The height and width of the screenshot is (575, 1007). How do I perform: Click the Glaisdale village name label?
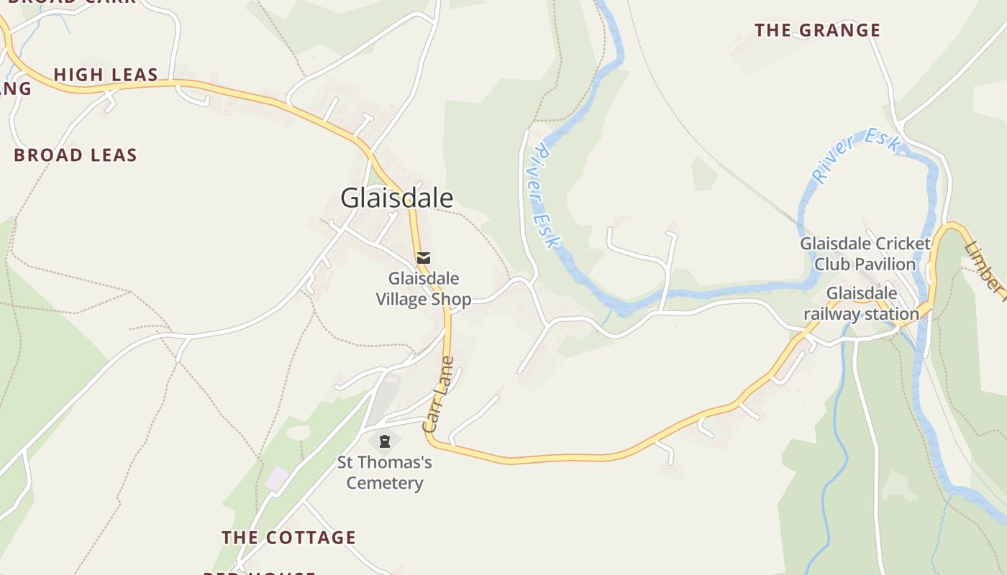(397, 198)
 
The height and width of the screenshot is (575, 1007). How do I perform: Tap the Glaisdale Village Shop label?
(424, 289)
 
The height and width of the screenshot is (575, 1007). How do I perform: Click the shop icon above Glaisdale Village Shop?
(424, 257)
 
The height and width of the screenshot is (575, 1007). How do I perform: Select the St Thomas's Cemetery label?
(385, 472)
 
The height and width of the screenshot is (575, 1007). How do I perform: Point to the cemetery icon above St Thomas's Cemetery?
(384, 441)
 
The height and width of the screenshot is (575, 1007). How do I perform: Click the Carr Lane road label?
(439, 395)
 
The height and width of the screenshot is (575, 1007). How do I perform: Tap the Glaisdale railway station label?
(862, 303)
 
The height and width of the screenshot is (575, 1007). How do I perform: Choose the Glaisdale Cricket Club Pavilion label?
(865, 254)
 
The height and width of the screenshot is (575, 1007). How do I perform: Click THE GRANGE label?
(817, 30)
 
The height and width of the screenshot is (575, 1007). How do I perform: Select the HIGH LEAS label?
(106, 75)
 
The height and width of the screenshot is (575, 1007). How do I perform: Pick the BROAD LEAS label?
(76, 155)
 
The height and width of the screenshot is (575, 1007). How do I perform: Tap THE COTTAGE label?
(288, 538)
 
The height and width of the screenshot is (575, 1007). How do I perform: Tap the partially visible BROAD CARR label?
(72, 2)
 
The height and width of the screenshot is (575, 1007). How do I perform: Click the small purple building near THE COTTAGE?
(277, 479)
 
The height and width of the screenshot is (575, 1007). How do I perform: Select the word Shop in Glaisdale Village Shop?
(451, 299)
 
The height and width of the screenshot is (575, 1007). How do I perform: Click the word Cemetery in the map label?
(385, 482)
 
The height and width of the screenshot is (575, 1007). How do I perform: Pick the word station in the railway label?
(893, 313)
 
